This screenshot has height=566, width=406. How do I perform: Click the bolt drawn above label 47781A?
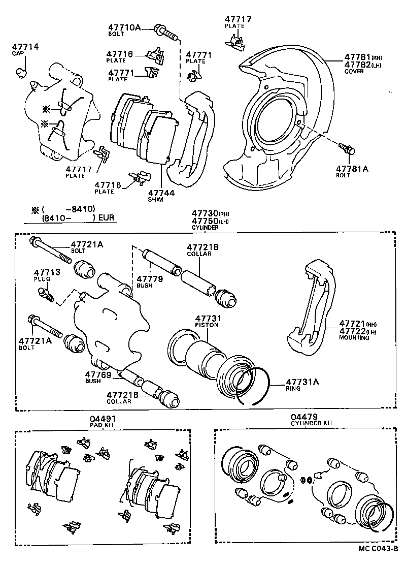347,149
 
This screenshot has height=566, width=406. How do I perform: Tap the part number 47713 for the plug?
47,272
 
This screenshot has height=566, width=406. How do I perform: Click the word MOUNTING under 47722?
354,337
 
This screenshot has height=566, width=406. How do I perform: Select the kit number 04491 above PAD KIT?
102,418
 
